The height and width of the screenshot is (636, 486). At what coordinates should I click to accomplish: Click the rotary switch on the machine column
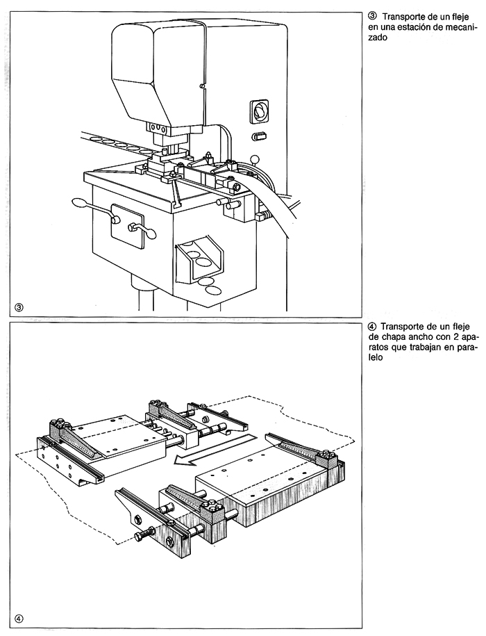(258, 110)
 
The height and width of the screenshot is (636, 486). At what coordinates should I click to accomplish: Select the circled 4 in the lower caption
(371, 327)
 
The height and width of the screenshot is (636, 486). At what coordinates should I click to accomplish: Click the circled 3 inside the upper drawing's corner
(19, 307)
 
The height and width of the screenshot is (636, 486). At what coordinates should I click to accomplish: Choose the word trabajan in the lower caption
(414, 349)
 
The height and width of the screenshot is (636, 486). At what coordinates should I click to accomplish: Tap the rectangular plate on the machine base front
(131, 225)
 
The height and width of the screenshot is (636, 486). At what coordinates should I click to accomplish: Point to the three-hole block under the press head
(157, 128)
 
